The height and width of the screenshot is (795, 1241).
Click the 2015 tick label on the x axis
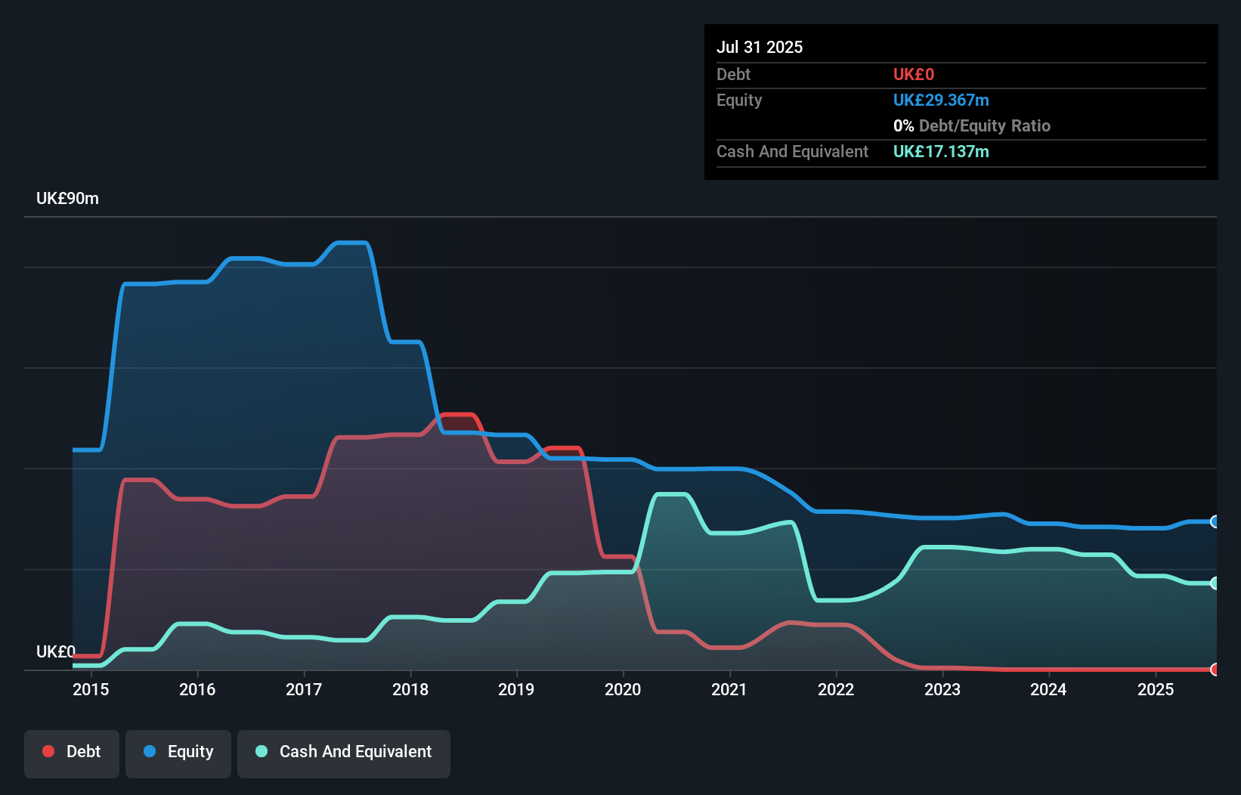(x=91, y=689)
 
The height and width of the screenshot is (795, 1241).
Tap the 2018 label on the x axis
(x=410, y=689)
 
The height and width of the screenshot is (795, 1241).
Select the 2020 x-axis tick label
(x=623, y=689)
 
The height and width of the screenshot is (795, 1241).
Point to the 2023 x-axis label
(x=942, y=689)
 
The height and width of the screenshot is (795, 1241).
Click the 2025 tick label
(x=1156, y=689)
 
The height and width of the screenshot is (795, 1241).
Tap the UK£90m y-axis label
(x=67, y=199)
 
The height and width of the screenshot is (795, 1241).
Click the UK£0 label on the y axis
(x=56, y=651)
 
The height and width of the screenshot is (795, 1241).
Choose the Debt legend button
(x=72, y=752)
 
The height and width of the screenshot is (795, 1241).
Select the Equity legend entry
(x=178, y=752)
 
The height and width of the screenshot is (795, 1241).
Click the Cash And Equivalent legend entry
(x=344, y=752)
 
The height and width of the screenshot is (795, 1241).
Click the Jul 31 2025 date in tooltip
(x=760, y=47)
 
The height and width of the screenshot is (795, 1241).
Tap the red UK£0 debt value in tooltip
(x=913, y=74)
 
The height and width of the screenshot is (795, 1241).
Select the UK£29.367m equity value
(x=941, y=101)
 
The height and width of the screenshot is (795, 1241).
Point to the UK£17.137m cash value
(x=941, y=152)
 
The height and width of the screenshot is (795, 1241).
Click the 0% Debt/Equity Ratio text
(x=972, y=126)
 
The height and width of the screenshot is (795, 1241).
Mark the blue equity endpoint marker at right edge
(x=1215, y=521)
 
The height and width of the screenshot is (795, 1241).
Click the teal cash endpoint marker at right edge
(x=1215, y=583)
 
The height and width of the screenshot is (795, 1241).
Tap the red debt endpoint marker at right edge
(x=1215, y=670)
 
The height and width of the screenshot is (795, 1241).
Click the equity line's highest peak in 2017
(x=351, y=243)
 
